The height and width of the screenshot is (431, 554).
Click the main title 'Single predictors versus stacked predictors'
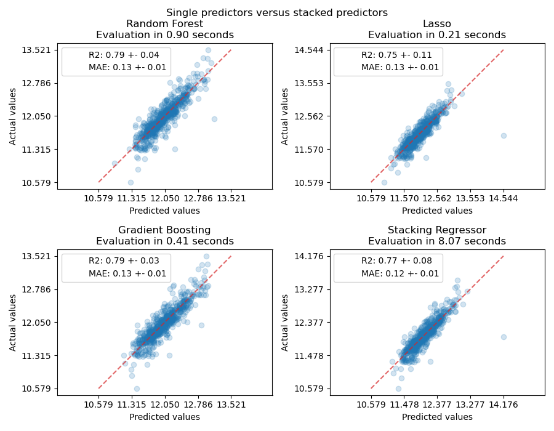277,12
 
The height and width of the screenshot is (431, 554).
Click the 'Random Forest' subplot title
164,24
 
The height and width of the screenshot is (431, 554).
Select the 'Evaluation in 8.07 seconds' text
436,241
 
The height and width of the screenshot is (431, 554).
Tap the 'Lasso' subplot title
436,24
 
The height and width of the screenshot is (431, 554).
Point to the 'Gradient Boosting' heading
164,230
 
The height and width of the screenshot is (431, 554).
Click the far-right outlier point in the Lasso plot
504,135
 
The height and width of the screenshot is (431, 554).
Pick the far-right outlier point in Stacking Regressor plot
504,337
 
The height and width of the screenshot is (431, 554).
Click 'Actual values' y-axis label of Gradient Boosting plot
13,322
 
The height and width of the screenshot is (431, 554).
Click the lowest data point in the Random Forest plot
130,182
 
